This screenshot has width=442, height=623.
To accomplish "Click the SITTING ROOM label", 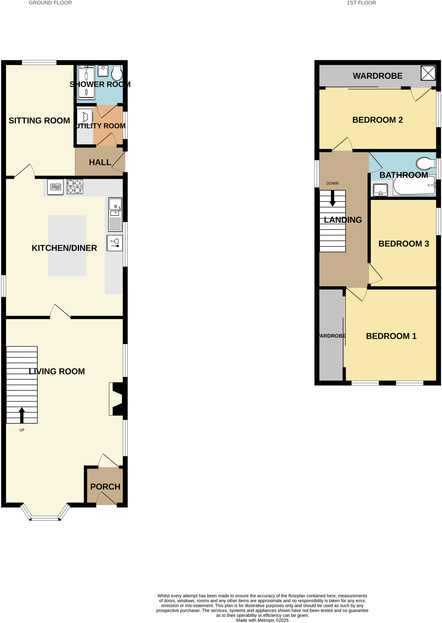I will point(39,121).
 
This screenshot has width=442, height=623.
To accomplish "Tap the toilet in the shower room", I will point(117,73).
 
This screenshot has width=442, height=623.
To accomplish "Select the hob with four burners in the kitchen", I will point(75,187).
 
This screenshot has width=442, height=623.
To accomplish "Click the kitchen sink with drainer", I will point(115,214).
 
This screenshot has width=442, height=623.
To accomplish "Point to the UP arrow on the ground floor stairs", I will point(22,415).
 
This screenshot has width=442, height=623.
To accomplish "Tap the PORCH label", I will point(105,487).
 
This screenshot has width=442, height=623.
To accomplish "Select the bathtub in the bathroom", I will point(414,185).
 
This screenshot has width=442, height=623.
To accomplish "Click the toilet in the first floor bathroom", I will point(426,163).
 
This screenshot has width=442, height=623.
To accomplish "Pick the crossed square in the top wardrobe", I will point(428,73).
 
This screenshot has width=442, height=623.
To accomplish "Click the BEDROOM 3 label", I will point(404,244).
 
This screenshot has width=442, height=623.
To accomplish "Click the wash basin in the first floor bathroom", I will point(380,190).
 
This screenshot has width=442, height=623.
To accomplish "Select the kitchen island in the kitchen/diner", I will point(67,245).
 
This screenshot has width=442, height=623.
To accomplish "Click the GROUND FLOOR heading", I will point(50,3).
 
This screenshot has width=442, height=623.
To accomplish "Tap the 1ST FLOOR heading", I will point(361,3).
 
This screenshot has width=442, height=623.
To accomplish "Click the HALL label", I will point(100,162).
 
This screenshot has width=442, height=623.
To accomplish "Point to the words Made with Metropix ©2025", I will point(262,620).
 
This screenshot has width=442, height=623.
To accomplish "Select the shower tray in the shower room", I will point(86,83).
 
